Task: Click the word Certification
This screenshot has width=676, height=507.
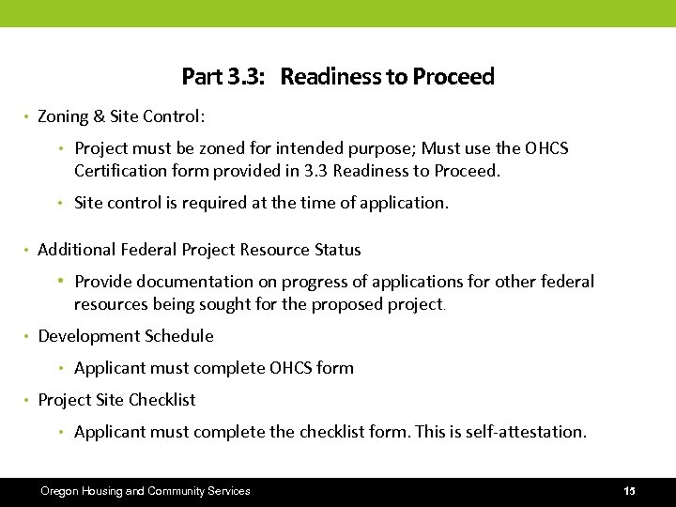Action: [119, 171]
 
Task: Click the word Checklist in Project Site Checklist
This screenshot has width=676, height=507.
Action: [161, 400]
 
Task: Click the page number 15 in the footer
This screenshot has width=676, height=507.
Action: [629, 491]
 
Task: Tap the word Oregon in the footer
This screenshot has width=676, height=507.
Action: [58, 491]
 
